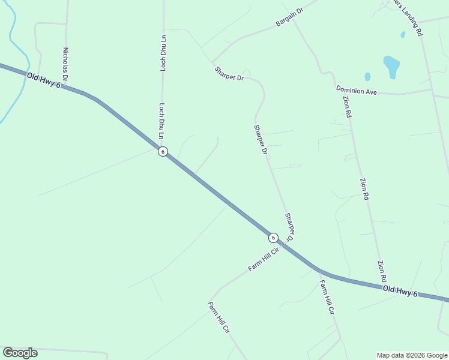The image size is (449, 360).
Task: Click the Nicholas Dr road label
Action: point(65,65)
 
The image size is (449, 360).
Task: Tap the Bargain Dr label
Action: point(291,17)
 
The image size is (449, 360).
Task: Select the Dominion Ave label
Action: point(356,91)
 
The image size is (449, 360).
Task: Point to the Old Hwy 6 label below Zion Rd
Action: point(400,292)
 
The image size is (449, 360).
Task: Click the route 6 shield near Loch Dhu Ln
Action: point(163,151)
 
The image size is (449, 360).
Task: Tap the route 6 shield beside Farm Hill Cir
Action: point(273,237)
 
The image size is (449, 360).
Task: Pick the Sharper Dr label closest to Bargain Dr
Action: point(229,73)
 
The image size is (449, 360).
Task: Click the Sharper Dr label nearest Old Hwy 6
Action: point(290,227)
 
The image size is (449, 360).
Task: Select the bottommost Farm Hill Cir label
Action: point(219,318)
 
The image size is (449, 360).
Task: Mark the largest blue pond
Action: point(391,66)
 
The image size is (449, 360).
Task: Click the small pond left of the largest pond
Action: point(367,77)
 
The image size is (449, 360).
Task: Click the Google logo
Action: point(20,353)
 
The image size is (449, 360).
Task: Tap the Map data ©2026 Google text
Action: point(412,355)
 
